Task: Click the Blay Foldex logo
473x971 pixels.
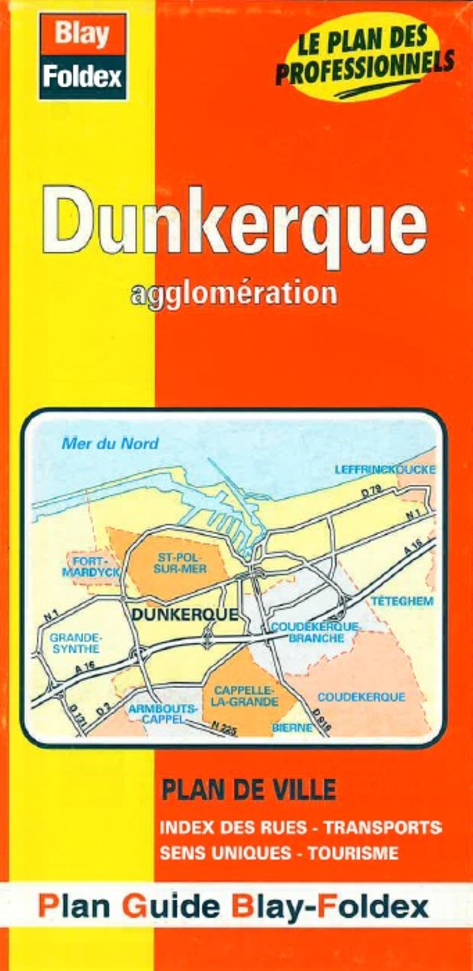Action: [83, 56]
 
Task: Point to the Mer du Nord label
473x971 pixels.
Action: [110, 444]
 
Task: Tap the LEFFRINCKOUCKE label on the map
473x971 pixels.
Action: [385, 470]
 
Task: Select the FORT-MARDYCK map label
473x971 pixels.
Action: [92, 567]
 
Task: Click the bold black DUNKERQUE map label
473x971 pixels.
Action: [184, 615]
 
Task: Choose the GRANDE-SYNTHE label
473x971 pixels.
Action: [75, 643]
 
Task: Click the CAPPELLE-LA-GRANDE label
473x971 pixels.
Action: [245, 696]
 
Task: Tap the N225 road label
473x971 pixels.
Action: [224, 728]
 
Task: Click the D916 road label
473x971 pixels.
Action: [322, 720]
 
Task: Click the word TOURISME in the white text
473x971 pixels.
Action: [352, 853]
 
